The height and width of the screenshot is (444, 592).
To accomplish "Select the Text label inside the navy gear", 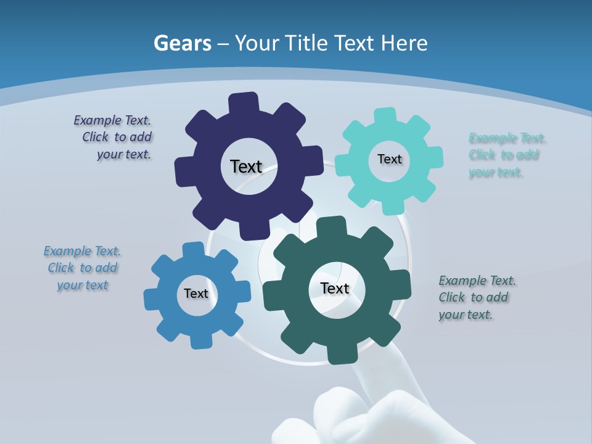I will (246, 166).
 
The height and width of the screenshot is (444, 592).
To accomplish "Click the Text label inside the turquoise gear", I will (389, 159).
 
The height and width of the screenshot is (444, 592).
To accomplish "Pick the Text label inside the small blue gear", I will (196, 294).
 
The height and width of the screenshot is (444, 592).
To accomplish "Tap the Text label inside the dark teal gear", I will (335, 288).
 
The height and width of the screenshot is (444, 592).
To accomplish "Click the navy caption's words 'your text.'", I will (124, 154).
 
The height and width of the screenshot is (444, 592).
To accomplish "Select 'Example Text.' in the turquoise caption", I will (508, 138).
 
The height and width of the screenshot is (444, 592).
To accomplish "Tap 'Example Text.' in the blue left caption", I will (82, 251).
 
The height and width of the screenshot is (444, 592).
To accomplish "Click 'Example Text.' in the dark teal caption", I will (477, 281).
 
